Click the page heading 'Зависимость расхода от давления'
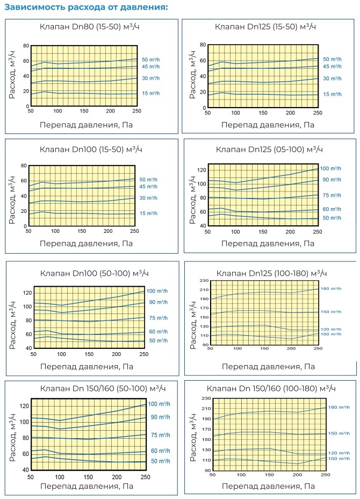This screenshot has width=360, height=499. coord(86,8)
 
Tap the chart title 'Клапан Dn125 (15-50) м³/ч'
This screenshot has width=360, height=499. coord(265,26)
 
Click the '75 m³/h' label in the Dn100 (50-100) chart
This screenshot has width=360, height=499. coord(158,318)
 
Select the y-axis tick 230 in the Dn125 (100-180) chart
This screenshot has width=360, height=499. coord(205,281)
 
